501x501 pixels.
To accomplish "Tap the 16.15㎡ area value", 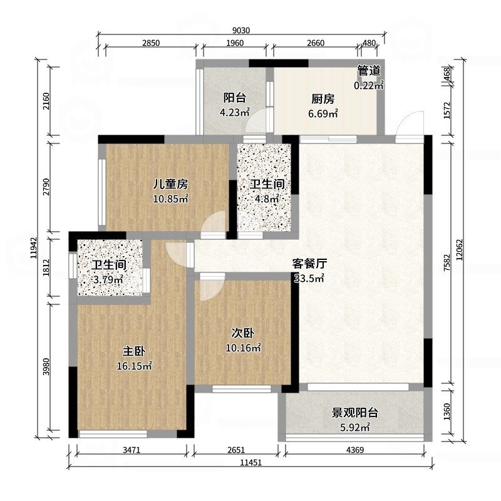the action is [134, 366].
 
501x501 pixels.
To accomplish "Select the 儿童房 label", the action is [170, 184].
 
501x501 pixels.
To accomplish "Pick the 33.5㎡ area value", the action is [309, 278].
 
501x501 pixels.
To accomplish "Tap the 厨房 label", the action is [323, 99].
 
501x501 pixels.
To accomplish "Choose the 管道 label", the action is [369, 71].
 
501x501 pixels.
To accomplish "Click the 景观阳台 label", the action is [354, 413].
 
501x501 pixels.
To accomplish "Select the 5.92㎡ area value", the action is [354, 427].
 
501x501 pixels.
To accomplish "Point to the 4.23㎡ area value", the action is [234, 112].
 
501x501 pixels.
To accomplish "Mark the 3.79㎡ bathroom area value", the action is [108, 279].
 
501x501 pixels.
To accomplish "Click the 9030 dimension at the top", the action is [241, 30].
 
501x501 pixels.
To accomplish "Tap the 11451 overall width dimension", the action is [251, 462].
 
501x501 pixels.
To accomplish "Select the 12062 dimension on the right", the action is [460, 250].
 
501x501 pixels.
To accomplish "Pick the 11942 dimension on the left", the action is [34, 248].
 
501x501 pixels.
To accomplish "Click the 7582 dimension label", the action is [447, 262].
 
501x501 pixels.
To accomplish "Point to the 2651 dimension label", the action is [236, 450].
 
